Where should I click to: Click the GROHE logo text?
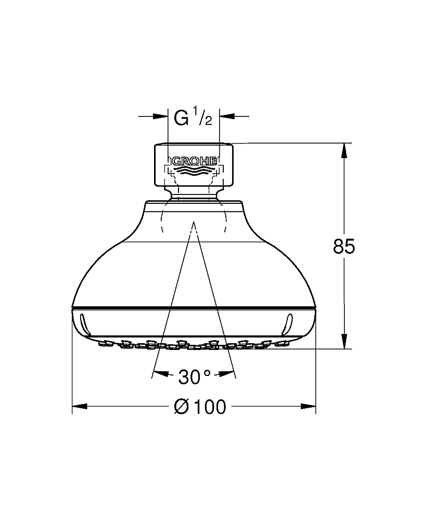click(x=194, y=161)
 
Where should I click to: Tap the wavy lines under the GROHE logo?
click(x=194, y=170)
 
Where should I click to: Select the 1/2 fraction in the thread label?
click(x=203, y=116)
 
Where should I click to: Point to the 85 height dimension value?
click(x=344, y=246)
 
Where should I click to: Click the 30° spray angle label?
click(x=195, y=376)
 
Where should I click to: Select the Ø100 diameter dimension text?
click(x=200, y=407)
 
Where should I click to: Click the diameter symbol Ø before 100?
click(x=181, y=407)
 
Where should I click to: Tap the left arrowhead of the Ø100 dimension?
click(x=80, y=406)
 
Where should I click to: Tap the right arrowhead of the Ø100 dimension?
click(x=308, y=406)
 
